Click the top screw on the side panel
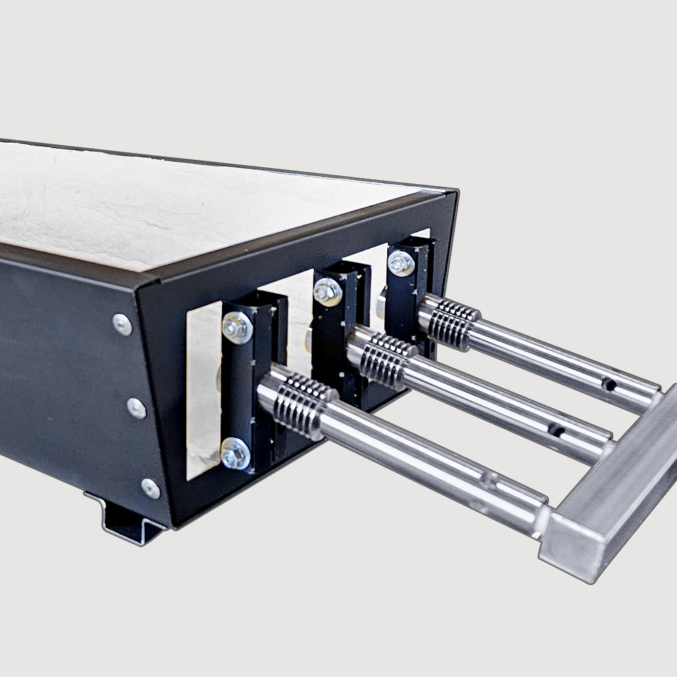[123, 324]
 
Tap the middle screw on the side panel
[136, 408]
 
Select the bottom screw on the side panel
[150, 488]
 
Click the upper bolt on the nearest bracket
[237, 328]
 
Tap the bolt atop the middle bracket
[328, 291]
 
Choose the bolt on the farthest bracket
[401, 263]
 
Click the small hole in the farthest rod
[609, 385]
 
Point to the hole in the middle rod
[556, 429]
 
